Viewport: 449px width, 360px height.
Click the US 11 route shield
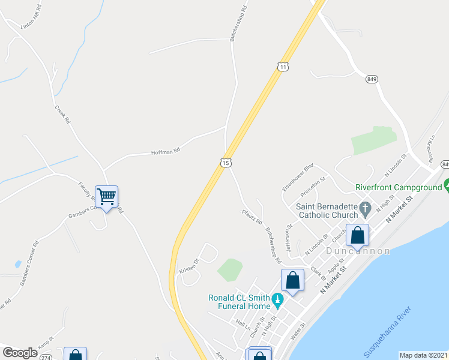(283, 67)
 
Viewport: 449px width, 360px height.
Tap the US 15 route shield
(225, 163)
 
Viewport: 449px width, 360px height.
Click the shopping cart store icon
(107, 196)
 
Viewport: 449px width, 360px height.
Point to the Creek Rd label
(62, 115)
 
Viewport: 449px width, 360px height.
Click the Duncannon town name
(358, 251)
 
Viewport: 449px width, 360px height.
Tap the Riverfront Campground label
(398, 187)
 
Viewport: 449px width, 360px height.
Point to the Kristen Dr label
(188, 266)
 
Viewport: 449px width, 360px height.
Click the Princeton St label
(313, 187)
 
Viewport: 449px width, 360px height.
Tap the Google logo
(20, 353)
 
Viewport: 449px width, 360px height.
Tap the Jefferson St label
(289, 239)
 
